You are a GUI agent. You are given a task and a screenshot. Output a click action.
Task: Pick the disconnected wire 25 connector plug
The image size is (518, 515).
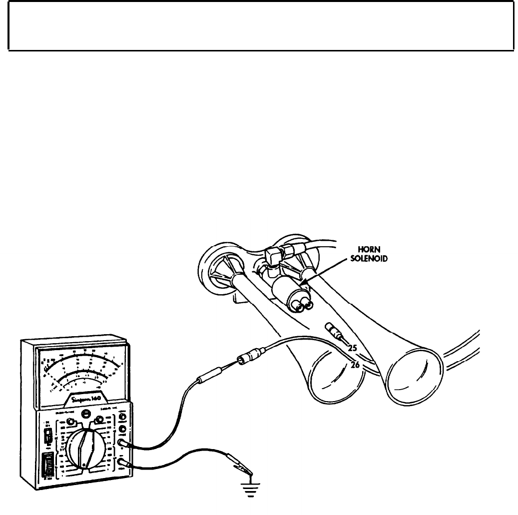(332, 329)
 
